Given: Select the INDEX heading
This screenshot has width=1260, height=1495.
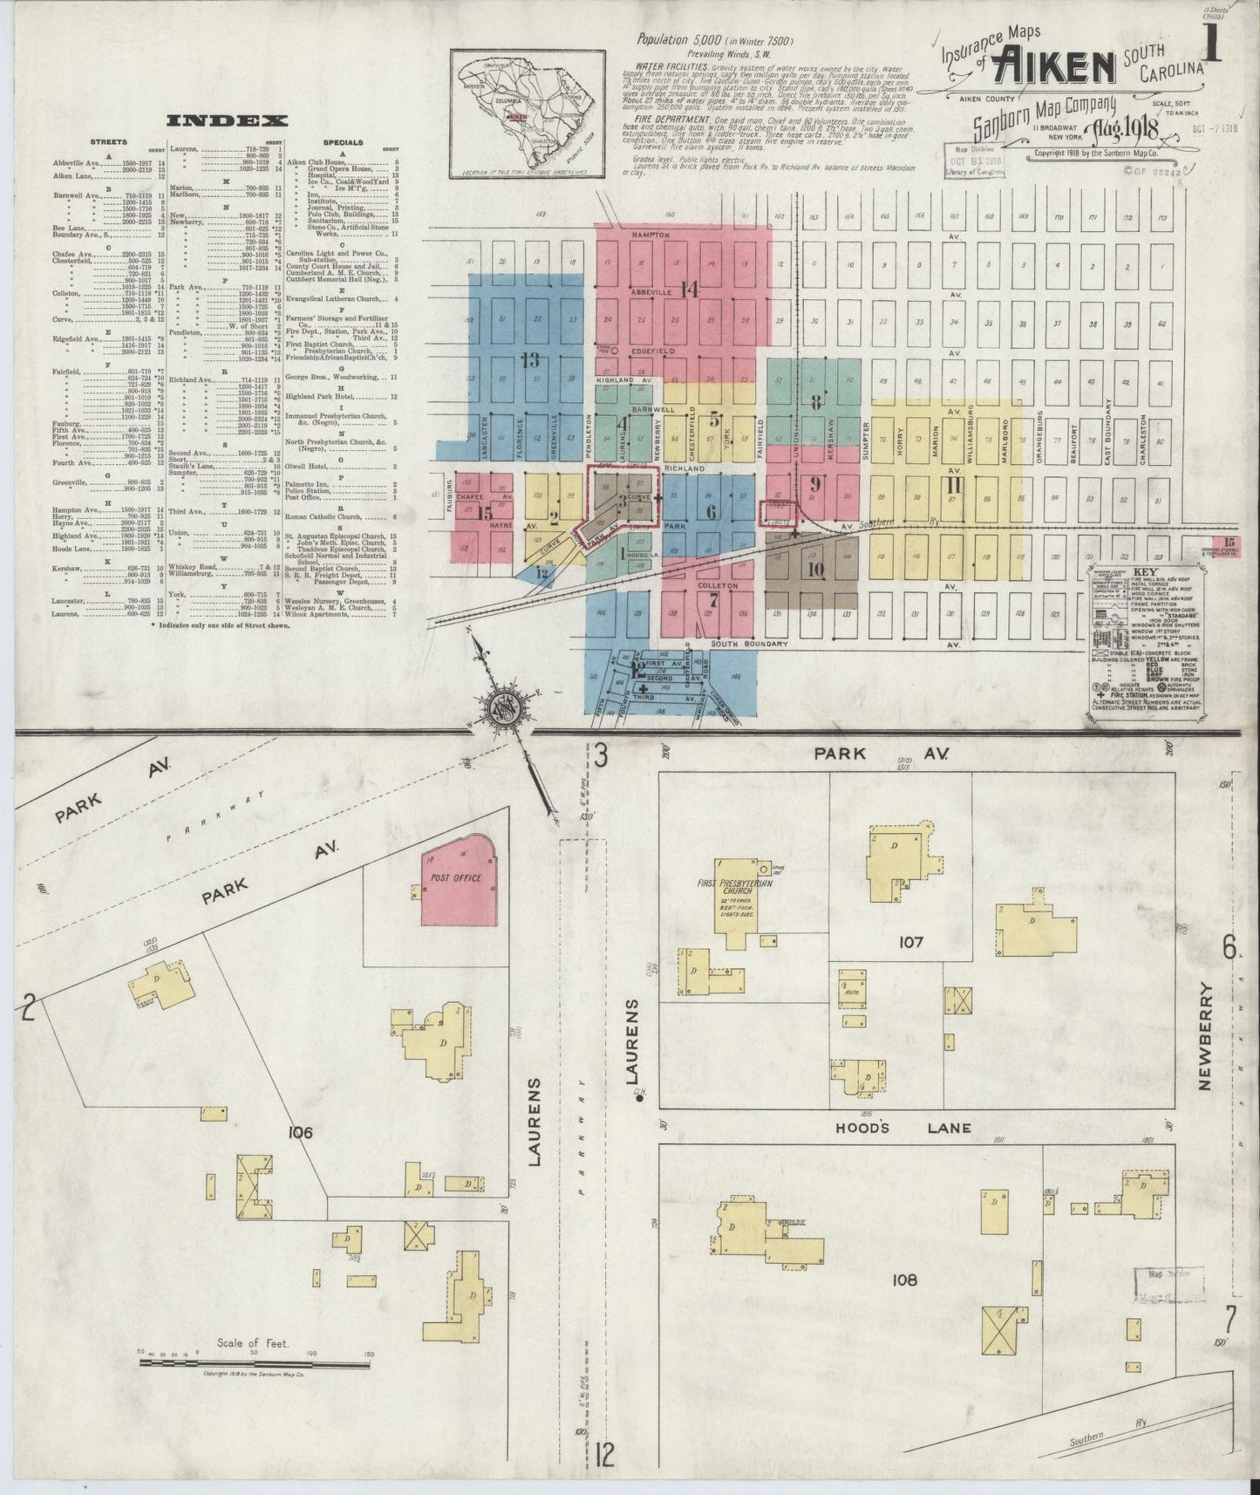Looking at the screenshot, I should click(x=227, y=121).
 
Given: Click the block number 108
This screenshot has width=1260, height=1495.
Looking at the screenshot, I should click(x=905, y=1280).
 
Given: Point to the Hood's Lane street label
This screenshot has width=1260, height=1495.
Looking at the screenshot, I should click(x=904, y=1128).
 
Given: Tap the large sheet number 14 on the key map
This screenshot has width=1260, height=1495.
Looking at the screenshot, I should click(x=691, y=290).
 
